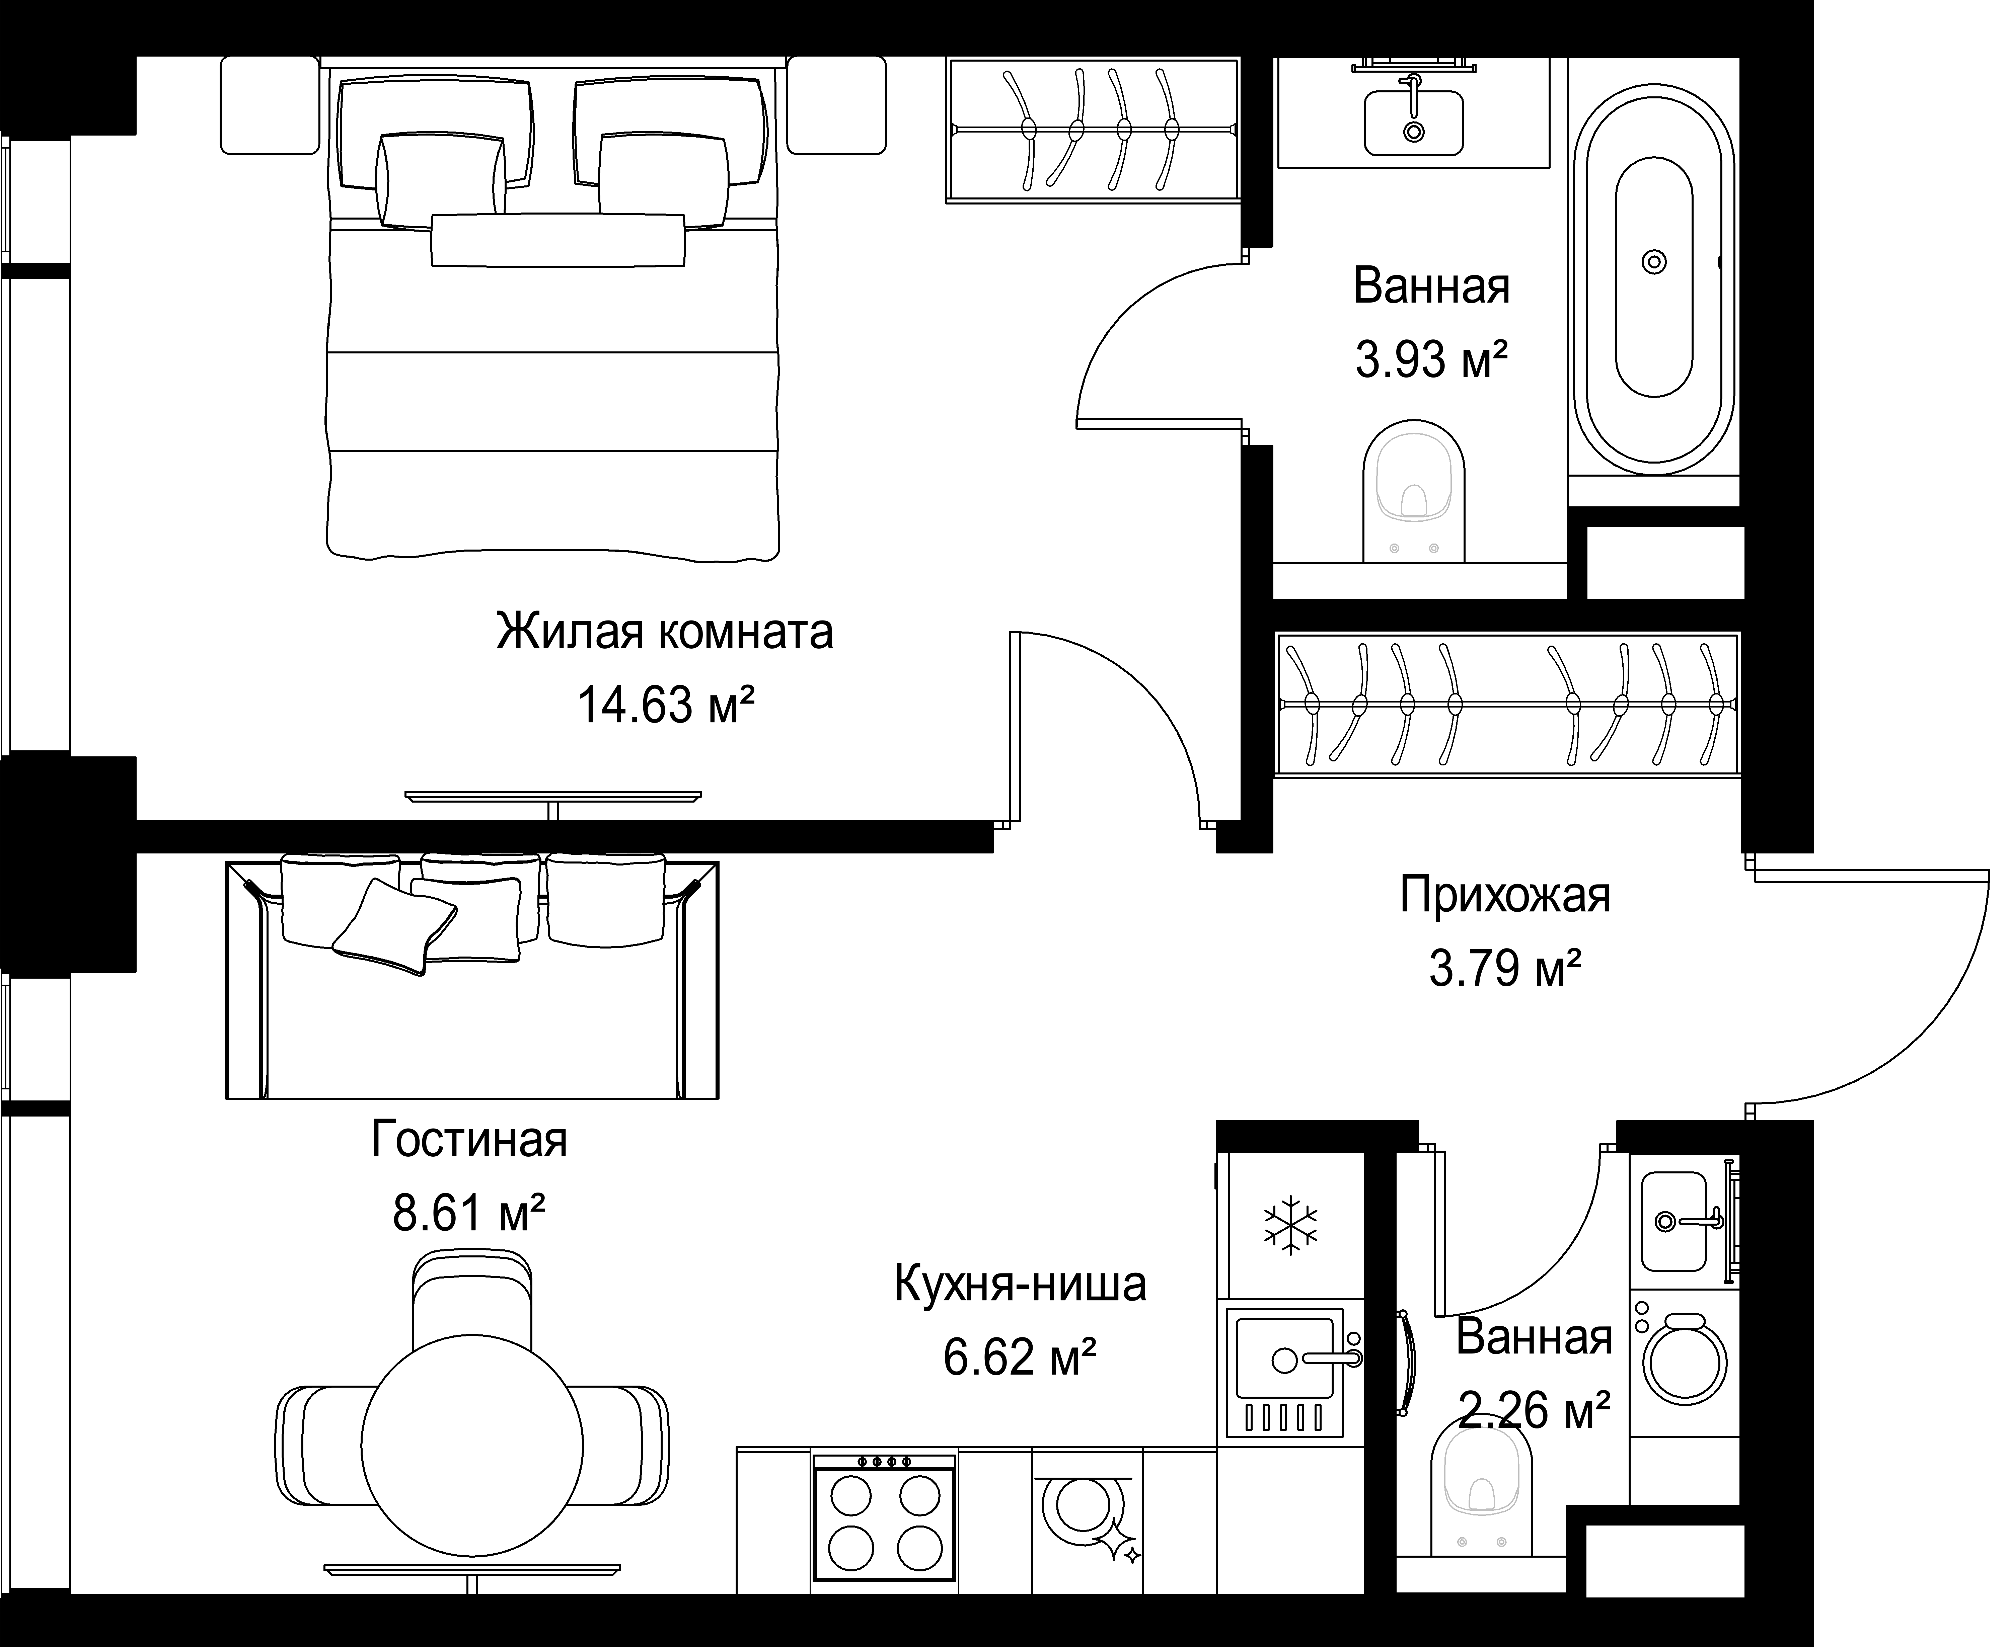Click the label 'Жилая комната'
coord(664,632)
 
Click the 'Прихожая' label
coord(1505,895)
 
